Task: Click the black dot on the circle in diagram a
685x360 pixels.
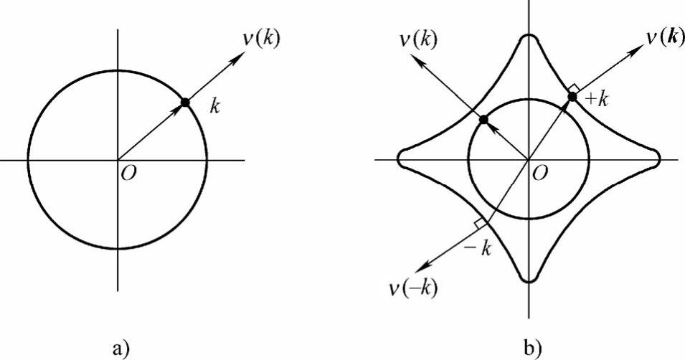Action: (185, 103)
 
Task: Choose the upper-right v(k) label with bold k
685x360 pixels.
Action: (656, 37)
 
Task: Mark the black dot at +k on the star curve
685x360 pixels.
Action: (572, 96)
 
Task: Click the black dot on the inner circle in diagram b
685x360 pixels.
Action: (483, 119)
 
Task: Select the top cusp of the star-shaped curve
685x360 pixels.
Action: (529, 36)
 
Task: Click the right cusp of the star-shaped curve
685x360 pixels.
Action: (658, 158)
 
